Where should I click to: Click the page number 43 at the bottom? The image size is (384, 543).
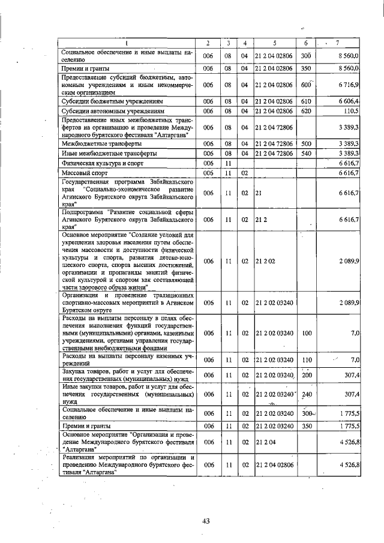[205, 521]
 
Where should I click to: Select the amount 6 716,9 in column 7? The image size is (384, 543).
[348, 85]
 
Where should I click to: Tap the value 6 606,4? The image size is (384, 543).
[348, 102]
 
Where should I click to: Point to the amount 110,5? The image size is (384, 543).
[351, 111]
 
